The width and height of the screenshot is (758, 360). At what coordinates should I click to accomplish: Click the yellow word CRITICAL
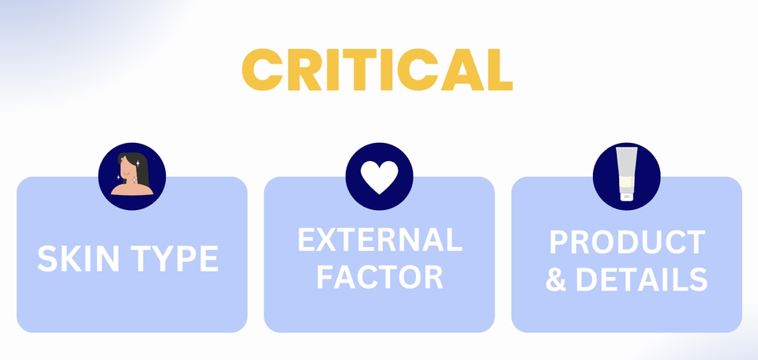tap(377, 69)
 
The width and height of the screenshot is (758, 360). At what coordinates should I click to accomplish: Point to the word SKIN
tap(75, 259)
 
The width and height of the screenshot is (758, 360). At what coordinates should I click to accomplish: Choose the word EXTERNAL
tap(379, 240)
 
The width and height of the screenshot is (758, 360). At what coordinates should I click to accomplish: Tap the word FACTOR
tap(379, 278)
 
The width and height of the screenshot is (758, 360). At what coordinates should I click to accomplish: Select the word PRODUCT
tap(626, 243)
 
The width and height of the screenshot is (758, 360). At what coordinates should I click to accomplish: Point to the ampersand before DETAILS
tap(556, 280)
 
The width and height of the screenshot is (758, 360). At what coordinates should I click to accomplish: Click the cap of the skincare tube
tap(626, 194)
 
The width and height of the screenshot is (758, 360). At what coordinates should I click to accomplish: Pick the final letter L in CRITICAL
tap(499, 69)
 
